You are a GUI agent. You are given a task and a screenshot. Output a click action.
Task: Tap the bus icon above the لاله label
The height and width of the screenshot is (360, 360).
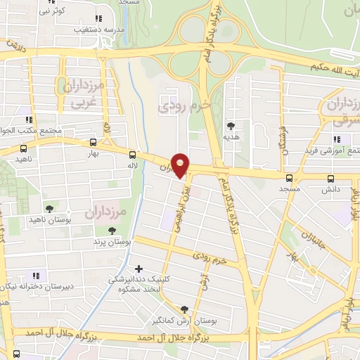point(133,154)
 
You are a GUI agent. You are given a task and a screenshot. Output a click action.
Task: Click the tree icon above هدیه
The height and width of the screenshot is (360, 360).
point(231,126)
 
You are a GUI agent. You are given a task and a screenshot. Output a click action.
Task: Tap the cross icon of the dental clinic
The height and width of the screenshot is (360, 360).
point(139,269)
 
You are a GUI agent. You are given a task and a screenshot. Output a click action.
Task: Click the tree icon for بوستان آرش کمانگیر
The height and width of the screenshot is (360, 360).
point(184,309)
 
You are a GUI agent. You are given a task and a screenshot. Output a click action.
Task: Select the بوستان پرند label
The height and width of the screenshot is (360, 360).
point(112,241)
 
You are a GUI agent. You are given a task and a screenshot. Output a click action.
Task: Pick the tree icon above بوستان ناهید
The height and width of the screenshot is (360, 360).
point(49,208)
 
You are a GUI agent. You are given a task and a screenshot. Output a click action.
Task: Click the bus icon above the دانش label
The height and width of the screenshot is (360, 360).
point(331,179)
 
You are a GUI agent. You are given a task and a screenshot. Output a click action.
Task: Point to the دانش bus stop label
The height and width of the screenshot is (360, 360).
point(331,189)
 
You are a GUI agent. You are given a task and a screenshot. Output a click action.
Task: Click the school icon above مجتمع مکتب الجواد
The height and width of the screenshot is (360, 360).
point(30,119)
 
